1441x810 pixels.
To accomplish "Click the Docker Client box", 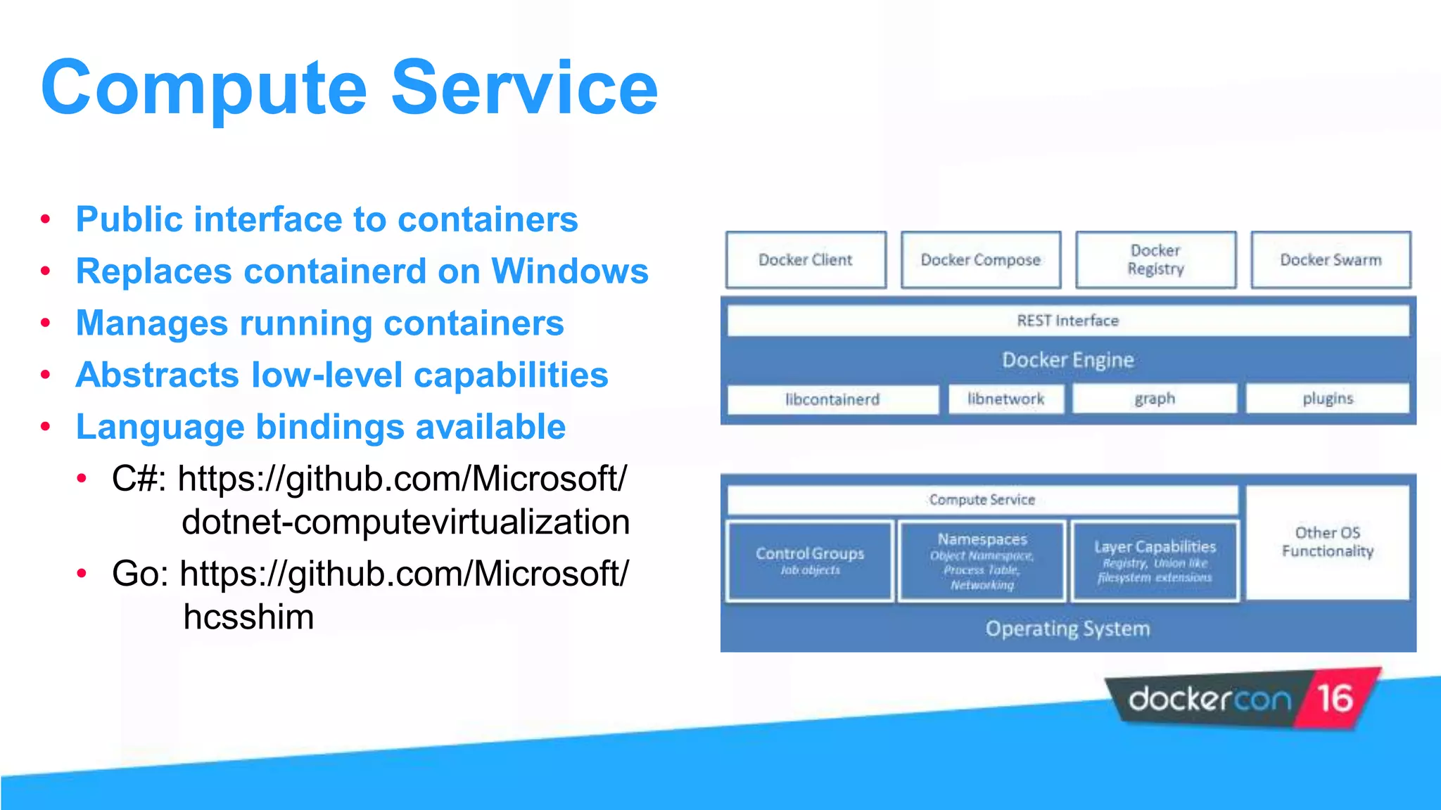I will [806, 260].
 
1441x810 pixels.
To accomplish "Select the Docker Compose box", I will [981, 260].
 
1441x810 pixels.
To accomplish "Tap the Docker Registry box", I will [1155, 260].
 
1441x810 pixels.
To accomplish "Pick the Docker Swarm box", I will [1331, 260].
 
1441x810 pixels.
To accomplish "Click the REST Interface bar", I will [1067, 321].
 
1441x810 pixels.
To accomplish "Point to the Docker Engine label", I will [1067, 360].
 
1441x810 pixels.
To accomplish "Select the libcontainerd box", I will [832, 399].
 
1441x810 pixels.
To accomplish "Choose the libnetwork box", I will [1005, 399].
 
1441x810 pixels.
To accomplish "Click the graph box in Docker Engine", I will [1154, 399].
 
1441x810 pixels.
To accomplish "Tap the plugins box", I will [1328, 399].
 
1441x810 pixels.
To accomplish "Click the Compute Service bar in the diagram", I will [982, 500].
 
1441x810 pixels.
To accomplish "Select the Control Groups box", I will [810, 560].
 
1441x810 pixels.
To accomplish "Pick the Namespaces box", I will [982, 560].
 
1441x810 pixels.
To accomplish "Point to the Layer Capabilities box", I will [1155, 560].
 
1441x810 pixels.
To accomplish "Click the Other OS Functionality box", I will [1328, 542].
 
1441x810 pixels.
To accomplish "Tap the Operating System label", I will [1067, 629].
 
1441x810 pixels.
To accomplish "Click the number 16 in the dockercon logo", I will [1335, 698].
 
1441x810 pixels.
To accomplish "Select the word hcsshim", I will [248, 617].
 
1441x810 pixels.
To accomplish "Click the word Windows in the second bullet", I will [570, 271].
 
